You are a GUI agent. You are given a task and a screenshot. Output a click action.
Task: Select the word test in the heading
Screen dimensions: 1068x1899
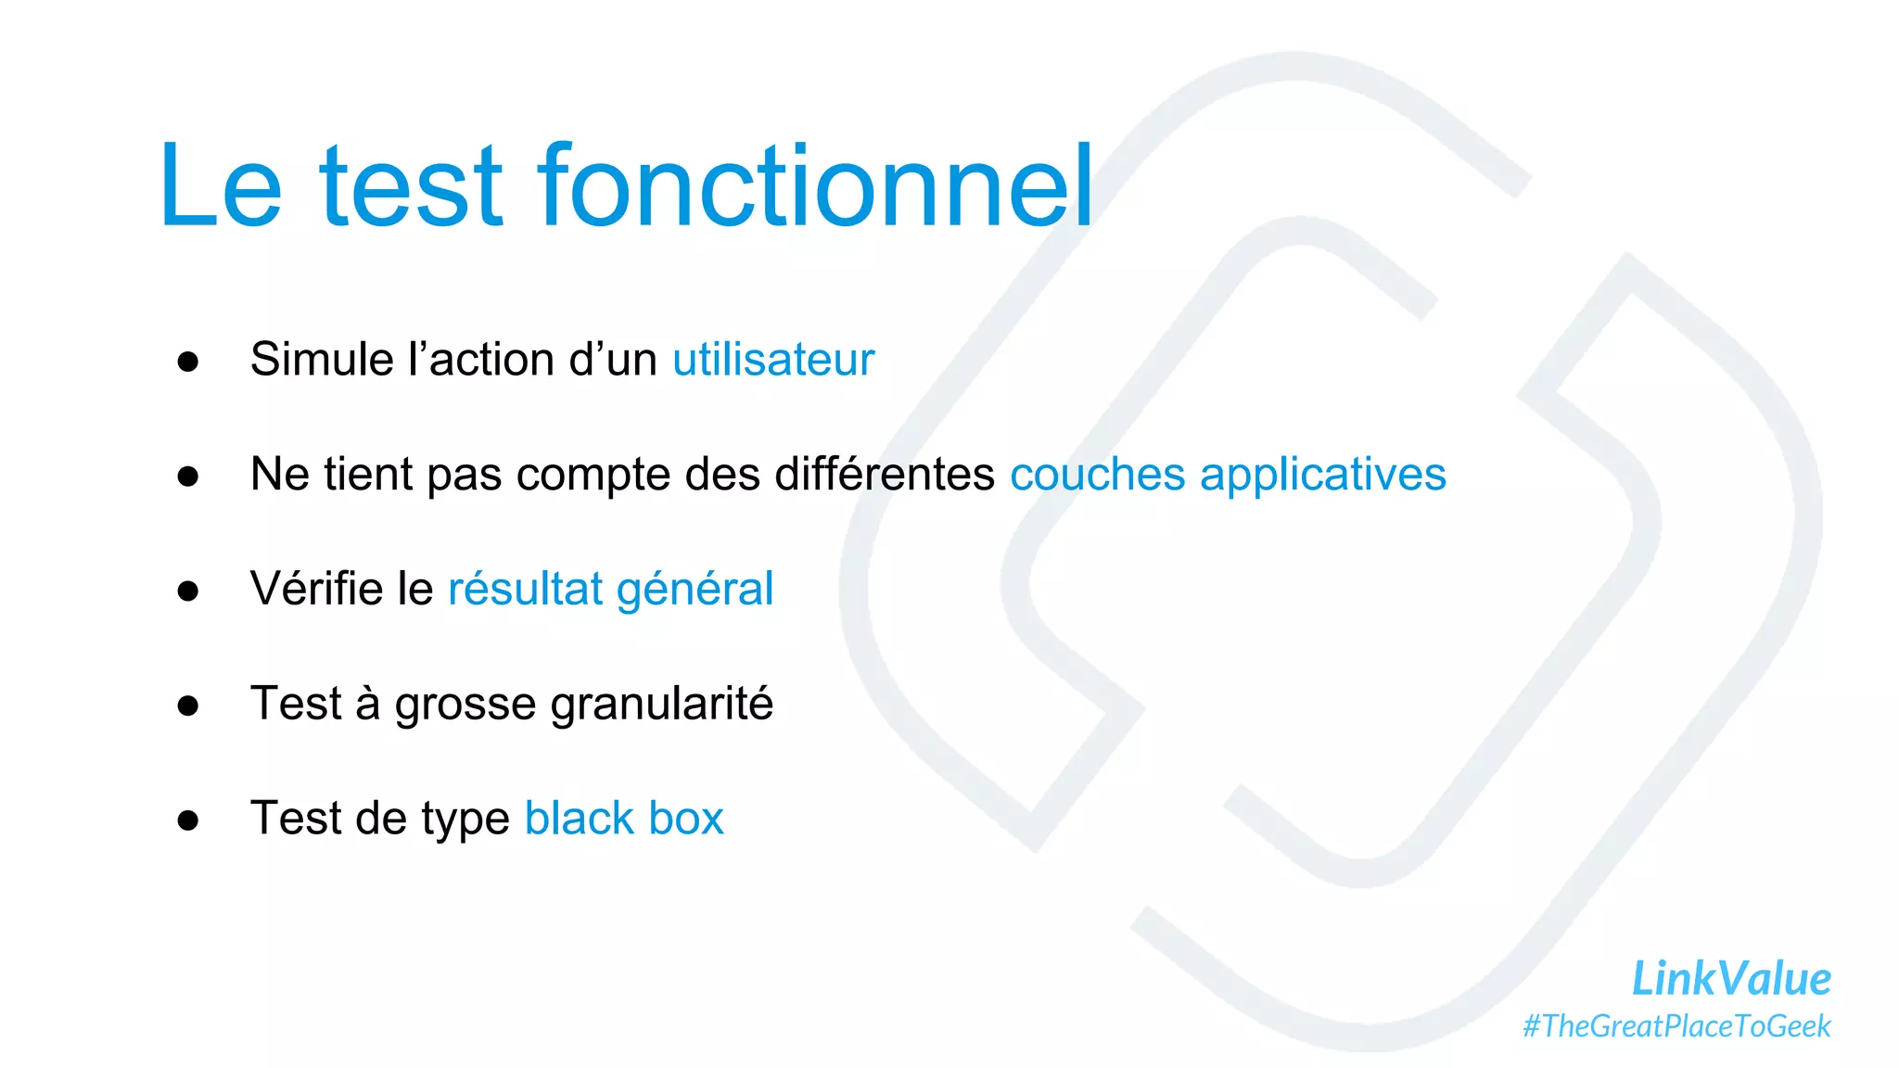point(411,188)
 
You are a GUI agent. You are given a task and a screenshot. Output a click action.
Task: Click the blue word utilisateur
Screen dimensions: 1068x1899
point(773,360)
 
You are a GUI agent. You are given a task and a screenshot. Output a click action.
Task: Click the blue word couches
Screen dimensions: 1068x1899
point(1097,475)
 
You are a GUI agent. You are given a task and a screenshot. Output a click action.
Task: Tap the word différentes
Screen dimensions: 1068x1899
point(885,475)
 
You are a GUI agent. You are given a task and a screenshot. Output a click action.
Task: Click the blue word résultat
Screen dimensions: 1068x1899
point(526,589)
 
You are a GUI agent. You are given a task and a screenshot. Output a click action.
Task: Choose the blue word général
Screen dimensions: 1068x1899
point(695,591)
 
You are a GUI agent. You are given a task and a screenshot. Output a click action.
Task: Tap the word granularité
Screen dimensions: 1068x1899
point(661,704)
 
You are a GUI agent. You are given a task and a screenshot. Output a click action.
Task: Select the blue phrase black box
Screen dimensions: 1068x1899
point(623,819)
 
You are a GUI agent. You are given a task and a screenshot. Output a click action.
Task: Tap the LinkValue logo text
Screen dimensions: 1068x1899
point(1730,979)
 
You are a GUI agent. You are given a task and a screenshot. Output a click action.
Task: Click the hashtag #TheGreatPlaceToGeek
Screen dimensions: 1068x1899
point(1676,1026)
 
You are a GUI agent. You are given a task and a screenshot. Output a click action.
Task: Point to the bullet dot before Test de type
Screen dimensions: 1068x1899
point(188,820)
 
